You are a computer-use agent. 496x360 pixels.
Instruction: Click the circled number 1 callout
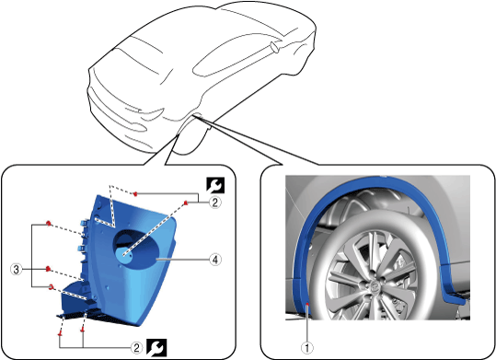pos(306,348)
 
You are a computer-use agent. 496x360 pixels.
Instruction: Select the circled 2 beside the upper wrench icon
pos(215,203)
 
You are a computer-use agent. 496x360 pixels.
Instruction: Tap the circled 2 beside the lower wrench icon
pos(136,348)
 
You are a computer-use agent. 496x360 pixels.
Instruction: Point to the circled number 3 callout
pos(17,270)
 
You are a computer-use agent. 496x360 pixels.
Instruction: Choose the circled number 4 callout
pos(215,260)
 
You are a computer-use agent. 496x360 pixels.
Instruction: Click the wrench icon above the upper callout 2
pos(215,185)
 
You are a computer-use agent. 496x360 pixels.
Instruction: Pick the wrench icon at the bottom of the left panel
pos(156,348)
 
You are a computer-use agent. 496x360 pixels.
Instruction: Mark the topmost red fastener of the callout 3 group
pos(48,224)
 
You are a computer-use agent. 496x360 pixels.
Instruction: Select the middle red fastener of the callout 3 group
pos(48,269)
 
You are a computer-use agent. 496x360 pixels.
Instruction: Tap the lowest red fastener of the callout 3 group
pos(51,287)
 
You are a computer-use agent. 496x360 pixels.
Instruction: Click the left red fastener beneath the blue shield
pos(60,333)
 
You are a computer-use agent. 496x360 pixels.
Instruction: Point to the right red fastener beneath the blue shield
pos(83,331)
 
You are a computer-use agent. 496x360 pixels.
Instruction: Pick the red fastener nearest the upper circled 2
pos(187,203)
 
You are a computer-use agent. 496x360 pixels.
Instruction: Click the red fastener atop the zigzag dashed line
pos(135,193)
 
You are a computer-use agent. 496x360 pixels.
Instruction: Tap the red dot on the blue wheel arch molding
pos(307,304)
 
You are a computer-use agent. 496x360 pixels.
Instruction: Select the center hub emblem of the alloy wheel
pos(375,285)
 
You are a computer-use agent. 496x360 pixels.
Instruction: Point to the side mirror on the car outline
pos(274,48)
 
